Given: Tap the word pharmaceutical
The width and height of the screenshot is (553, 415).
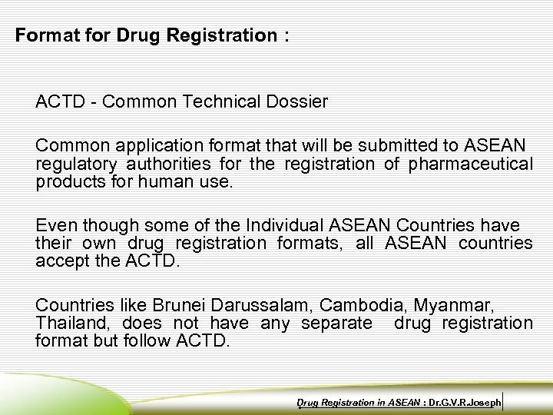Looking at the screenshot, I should pos(472,164).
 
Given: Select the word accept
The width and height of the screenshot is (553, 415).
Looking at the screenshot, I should pos(61,261).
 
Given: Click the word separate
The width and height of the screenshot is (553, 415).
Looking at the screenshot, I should pos(336,324).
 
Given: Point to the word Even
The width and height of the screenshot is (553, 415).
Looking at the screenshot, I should pos(56,225).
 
